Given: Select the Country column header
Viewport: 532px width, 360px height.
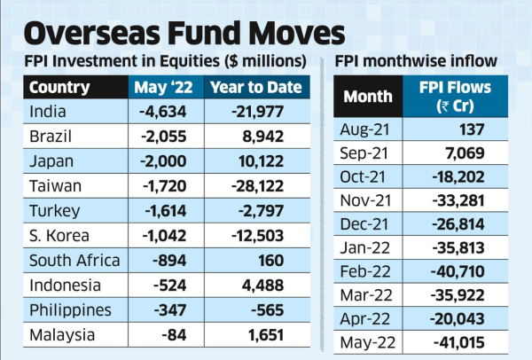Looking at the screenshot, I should (x=59, y=87).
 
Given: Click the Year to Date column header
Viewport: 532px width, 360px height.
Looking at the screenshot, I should (x=254, y=87).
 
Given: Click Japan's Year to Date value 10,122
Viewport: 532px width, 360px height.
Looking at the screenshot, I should (x=264, y=162).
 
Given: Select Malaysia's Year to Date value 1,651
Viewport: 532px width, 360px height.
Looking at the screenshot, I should (x=268, y=335).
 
